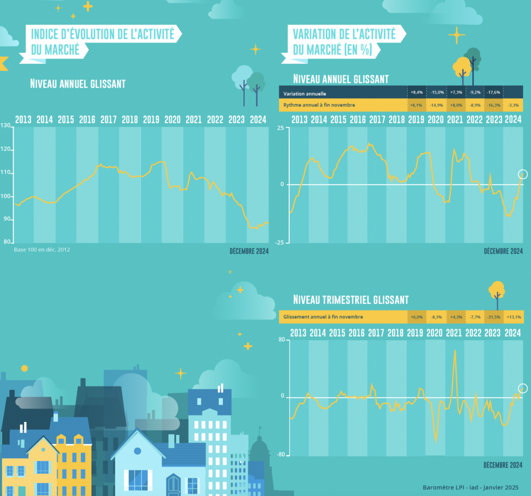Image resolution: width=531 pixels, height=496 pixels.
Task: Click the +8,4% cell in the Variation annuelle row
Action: pos(417,93)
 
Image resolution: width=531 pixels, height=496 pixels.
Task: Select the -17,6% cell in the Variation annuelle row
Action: pos(494,93)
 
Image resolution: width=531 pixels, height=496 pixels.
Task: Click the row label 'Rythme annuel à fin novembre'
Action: pos(319,105)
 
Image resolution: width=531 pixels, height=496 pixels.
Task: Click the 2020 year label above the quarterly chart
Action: pos(435,333)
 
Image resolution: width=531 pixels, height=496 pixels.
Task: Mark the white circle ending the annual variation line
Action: pos(523,175)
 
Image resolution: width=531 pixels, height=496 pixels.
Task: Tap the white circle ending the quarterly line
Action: pos(523,388)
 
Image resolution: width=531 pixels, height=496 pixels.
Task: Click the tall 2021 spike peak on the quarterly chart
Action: pos(455,350)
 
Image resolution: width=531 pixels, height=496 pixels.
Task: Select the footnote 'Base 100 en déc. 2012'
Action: pos(42,249)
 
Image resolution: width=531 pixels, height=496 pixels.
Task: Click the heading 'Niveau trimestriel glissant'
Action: pos(351,300)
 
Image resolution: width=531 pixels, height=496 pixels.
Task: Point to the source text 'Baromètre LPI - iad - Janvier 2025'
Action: pos(470,487)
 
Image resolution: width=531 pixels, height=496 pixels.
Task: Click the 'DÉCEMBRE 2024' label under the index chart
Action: pos(249,251)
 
